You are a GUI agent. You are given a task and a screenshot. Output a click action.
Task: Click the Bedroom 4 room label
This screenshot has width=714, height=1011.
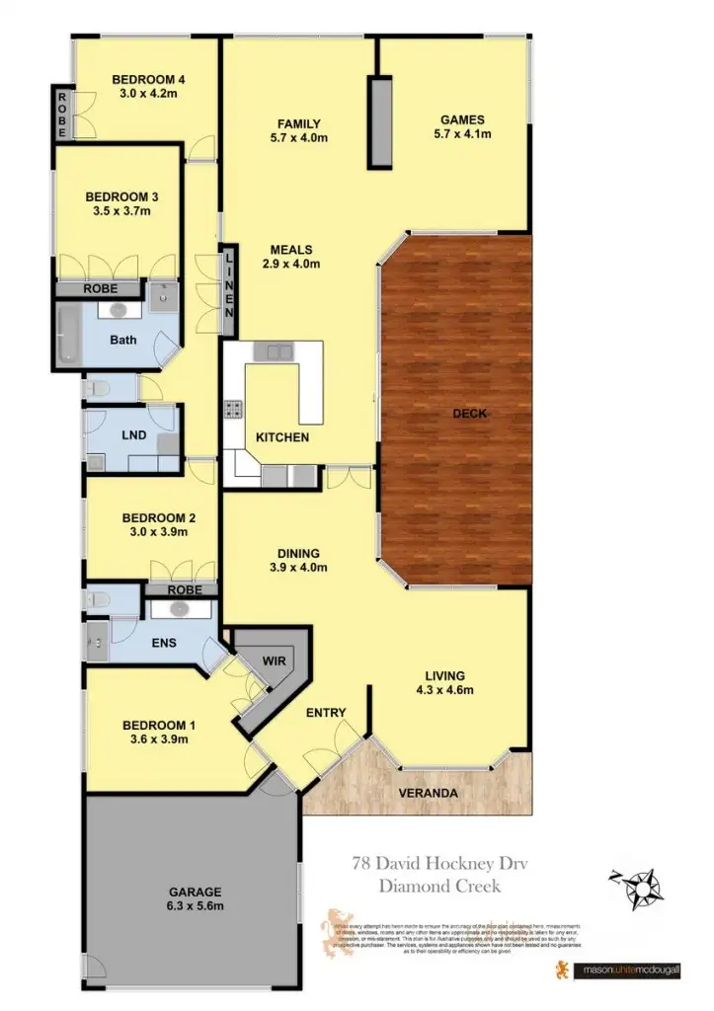(x=149, y=79)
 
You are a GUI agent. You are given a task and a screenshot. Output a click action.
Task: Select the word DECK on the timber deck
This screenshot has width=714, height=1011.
(x=469, y=413)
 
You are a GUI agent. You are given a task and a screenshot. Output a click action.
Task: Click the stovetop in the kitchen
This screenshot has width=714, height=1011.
(x=235, y=408)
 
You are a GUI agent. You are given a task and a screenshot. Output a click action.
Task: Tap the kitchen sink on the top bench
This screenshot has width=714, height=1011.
(x=273, y=350)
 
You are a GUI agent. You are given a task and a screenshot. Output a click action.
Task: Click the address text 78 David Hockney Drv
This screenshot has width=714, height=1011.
(x=427, y=864)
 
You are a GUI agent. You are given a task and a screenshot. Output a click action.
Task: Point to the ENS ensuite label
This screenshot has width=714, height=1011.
(x=163, y=643)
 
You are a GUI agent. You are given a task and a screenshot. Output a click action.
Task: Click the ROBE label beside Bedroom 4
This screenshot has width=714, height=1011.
(x=61, y=114)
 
